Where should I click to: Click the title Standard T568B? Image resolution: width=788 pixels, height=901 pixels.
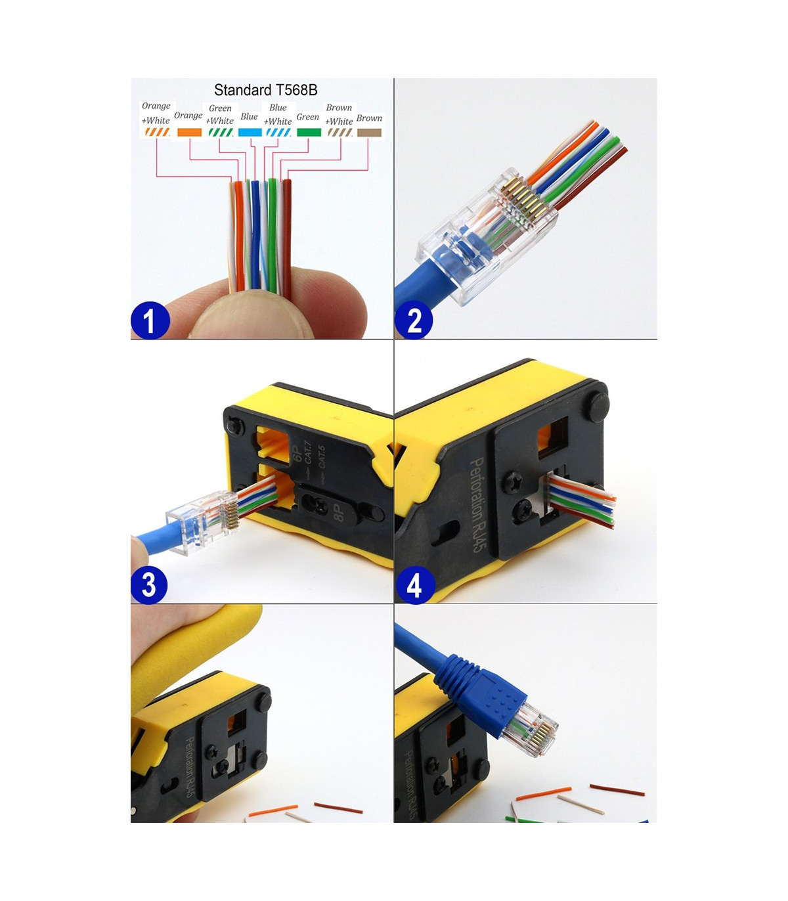[x=265, y=90]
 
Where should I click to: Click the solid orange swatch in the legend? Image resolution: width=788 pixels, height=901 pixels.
[x=189, y=132]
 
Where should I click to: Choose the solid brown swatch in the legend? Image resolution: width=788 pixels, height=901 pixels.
[x=369, y=133]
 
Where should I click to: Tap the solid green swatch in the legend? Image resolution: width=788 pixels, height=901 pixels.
[x=309, y=132]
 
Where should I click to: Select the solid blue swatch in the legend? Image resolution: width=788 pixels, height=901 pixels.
[x=250, y=132]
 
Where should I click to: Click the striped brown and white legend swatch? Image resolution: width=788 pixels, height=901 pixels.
[x=340, y=132]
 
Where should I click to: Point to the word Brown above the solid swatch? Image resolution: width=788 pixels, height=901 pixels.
[x=369, y=118]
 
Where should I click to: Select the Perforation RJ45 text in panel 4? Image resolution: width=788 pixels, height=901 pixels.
[x=478, y=504]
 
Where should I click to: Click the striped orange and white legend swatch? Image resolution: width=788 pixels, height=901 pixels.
[x=157, y=132]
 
